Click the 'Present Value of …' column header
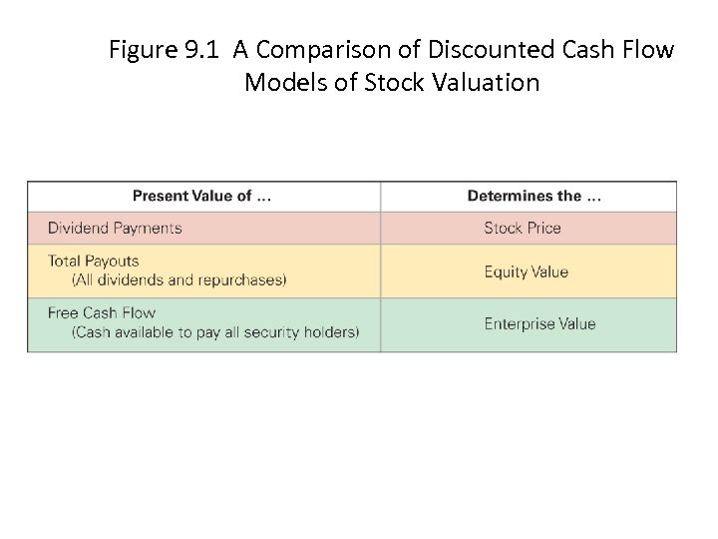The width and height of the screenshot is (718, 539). pos(201,196)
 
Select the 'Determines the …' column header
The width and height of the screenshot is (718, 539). pos(534,196)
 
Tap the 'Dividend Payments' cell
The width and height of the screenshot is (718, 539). pos(115,228)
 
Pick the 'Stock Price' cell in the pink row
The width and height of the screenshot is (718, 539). pos(523,228)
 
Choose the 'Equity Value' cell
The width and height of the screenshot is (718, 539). pos(526,271)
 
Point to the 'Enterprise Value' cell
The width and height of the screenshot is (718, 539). pos(539,323)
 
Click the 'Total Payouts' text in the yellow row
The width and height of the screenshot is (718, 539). pos(94,261)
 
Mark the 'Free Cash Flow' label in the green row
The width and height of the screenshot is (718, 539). pos(102,312)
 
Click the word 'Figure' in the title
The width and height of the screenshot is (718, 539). pos(142,49)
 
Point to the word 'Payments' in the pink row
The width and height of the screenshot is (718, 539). pos(148,228)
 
